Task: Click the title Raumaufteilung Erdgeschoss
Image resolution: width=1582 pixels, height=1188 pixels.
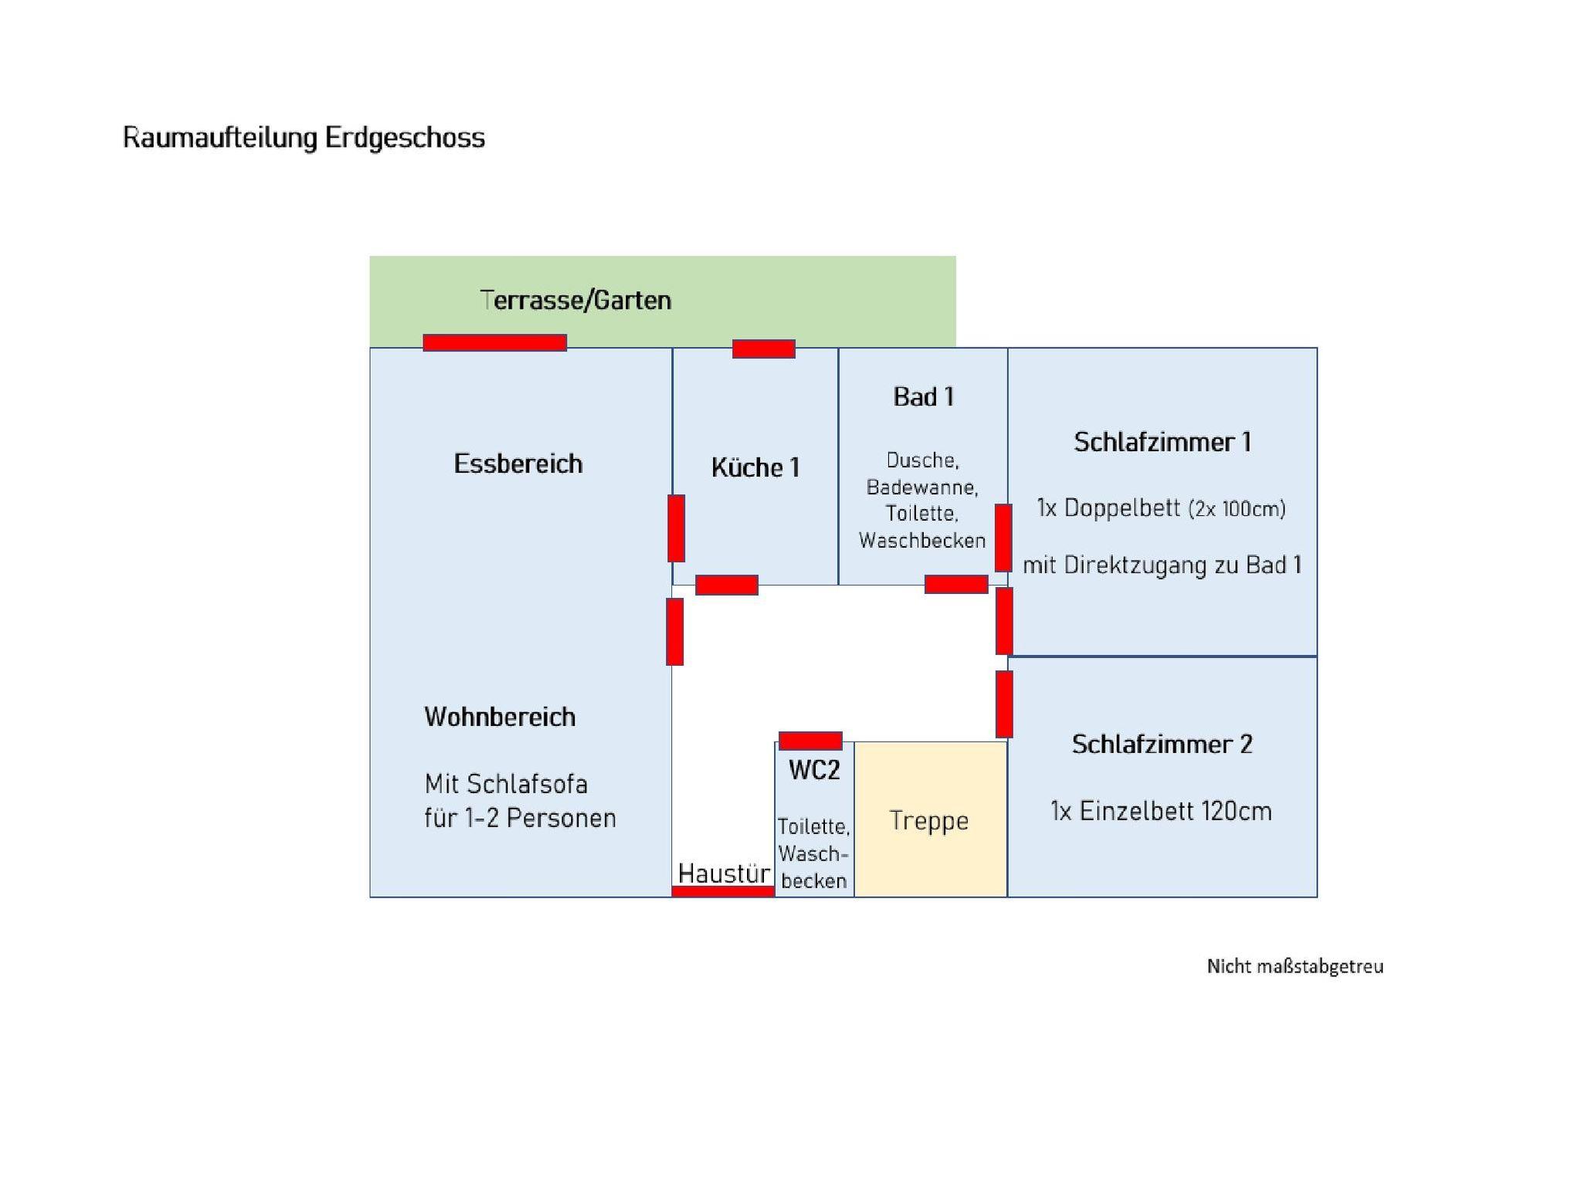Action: tap(304, 138)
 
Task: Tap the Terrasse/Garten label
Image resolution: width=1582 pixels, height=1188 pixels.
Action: tap(575, 300)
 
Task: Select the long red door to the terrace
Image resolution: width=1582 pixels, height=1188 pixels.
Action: tap(494, 342)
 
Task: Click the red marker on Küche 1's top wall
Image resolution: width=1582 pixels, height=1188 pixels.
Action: tap(763, 348)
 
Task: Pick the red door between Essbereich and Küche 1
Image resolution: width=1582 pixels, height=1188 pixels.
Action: tap(676, 528)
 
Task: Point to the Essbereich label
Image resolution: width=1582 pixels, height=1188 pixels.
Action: tap(518, 463)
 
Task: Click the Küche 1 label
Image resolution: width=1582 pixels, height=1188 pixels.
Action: tap(755, 467)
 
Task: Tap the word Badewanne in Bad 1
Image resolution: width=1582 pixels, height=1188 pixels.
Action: tap(922, 487)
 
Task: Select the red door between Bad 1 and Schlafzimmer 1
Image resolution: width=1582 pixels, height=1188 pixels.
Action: tap(1003, 538)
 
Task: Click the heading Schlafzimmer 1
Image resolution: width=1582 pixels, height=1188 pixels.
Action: tap(1162, 442)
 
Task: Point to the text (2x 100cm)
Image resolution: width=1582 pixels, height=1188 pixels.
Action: tap(1237, 509)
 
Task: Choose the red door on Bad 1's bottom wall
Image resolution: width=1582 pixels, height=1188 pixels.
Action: tap(956, 584)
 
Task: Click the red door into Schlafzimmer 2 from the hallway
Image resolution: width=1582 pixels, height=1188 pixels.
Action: tap(1004, 704)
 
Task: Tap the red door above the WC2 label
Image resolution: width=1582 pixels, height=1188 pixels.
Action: tap(810, 741)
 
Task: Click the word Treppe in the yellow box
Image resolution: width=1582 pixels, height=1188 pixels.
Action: tap(928, 820)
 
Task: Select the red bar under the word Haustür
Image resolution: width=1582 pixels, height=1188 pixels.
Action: tap(722, 891)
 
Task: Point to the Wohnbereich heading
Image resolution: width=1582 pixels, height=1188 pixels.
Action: tap(500, 717)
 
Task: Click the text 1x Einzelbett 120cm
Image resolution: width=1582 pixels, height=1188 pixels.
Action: tap(1160, 811)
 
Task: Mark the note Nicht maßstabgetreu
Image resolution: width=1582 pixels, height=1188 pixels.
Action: tap(1295, 966)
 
